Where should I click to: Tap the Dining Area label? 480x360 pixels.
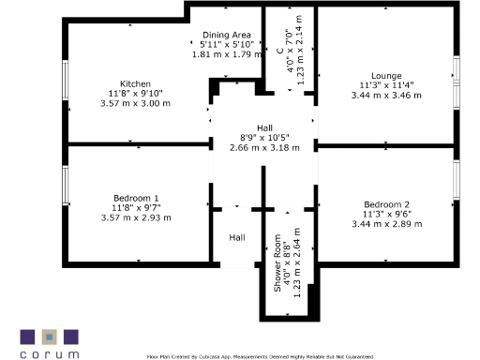click(x=226, y=36)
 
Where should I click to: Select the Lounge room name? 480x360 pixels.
click(x=386, y=76)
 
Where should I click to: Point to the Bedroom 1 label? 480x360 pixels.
click(x=135, y=198)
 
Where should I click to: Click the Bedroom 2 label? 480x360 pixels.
click(x=386, y=204)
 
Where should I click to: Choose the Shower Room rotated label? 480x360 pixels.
click(x=278, y=263)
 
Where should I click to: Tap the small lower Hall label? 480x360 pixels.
click(x=237, y=237)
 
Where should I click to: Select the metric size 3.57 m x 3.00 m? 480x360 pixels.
click(x=135, y=103)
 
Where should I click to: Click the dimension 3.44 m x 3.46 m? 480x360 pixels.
click(x=386, y=96)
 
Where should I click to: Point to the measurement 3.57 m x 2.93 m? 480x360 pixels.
click(x=135, y=217)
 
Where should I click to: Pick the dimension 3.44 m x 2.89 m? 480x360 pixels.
click(x=386, y=224)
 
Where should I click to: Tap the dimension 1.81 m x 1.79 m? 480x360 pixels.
click(x=226, y=54)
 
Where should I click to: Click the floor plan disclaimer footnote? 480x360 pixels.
click(x=261, y=356)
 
